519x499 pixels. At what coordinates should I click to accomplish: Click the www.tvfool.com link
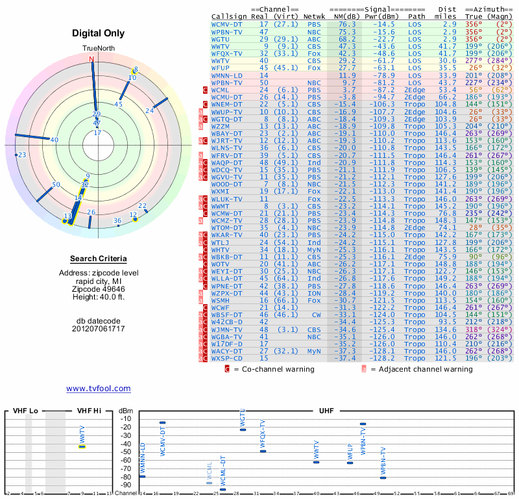[x=98, y=389]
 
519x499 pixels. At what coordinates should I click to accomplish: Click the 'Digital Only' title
[x=97, y=33]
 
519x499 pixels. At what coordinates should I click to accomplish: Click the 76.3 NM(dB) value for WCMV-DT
[x=346, y=23]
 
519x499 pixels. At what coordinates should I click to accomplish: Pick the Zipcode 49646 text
[x=97, y=289]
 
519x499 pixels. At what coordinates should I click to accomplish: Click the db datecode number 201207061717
[x=98, y=328]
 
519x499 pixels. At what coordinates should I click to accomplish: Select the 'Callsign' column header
[x=229, y=16]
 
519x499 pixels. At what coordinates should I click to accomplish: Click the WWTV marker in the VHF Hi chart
[x=82, y=446]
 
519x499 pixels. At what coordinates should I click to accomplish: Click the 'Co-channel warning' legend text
[x=273, y=369]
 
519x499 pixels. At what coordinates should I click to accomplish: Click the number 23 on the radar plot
[x=22, y=155]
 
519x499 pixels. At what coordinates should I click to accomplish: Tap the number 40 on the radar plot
[x=54, y=140]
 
